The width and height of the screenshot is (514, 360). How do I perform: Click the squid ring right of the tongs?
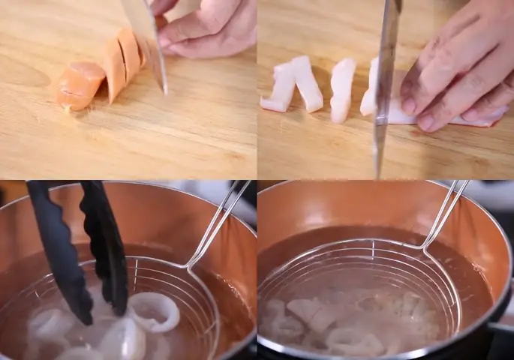[x=154, y=311]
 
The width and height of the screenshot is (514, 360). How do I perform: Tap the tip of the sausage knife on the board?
[x=164, y=90]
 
